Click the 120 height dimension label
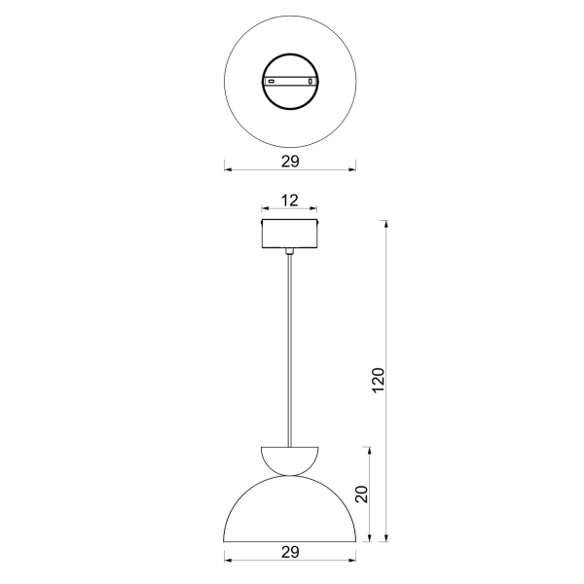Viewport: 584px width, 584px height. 378,380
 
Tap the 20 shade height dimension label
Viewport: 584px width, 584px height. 362,494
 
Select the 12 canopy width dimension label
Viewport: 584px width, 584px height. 289,201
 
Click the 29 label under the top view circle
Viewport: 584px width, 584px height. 290,162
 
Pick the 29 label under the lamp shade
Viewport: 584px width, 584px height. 290,552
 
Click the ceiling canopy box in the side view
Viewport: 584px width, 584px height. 290,234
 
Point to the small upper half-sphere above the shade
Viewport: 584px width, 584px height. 290,461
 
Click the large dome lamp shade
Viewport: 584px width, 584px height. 290,509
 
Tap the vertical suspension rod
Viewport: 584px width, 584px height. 290,350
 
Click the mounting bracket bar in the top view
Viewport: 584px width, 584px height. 290,81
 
